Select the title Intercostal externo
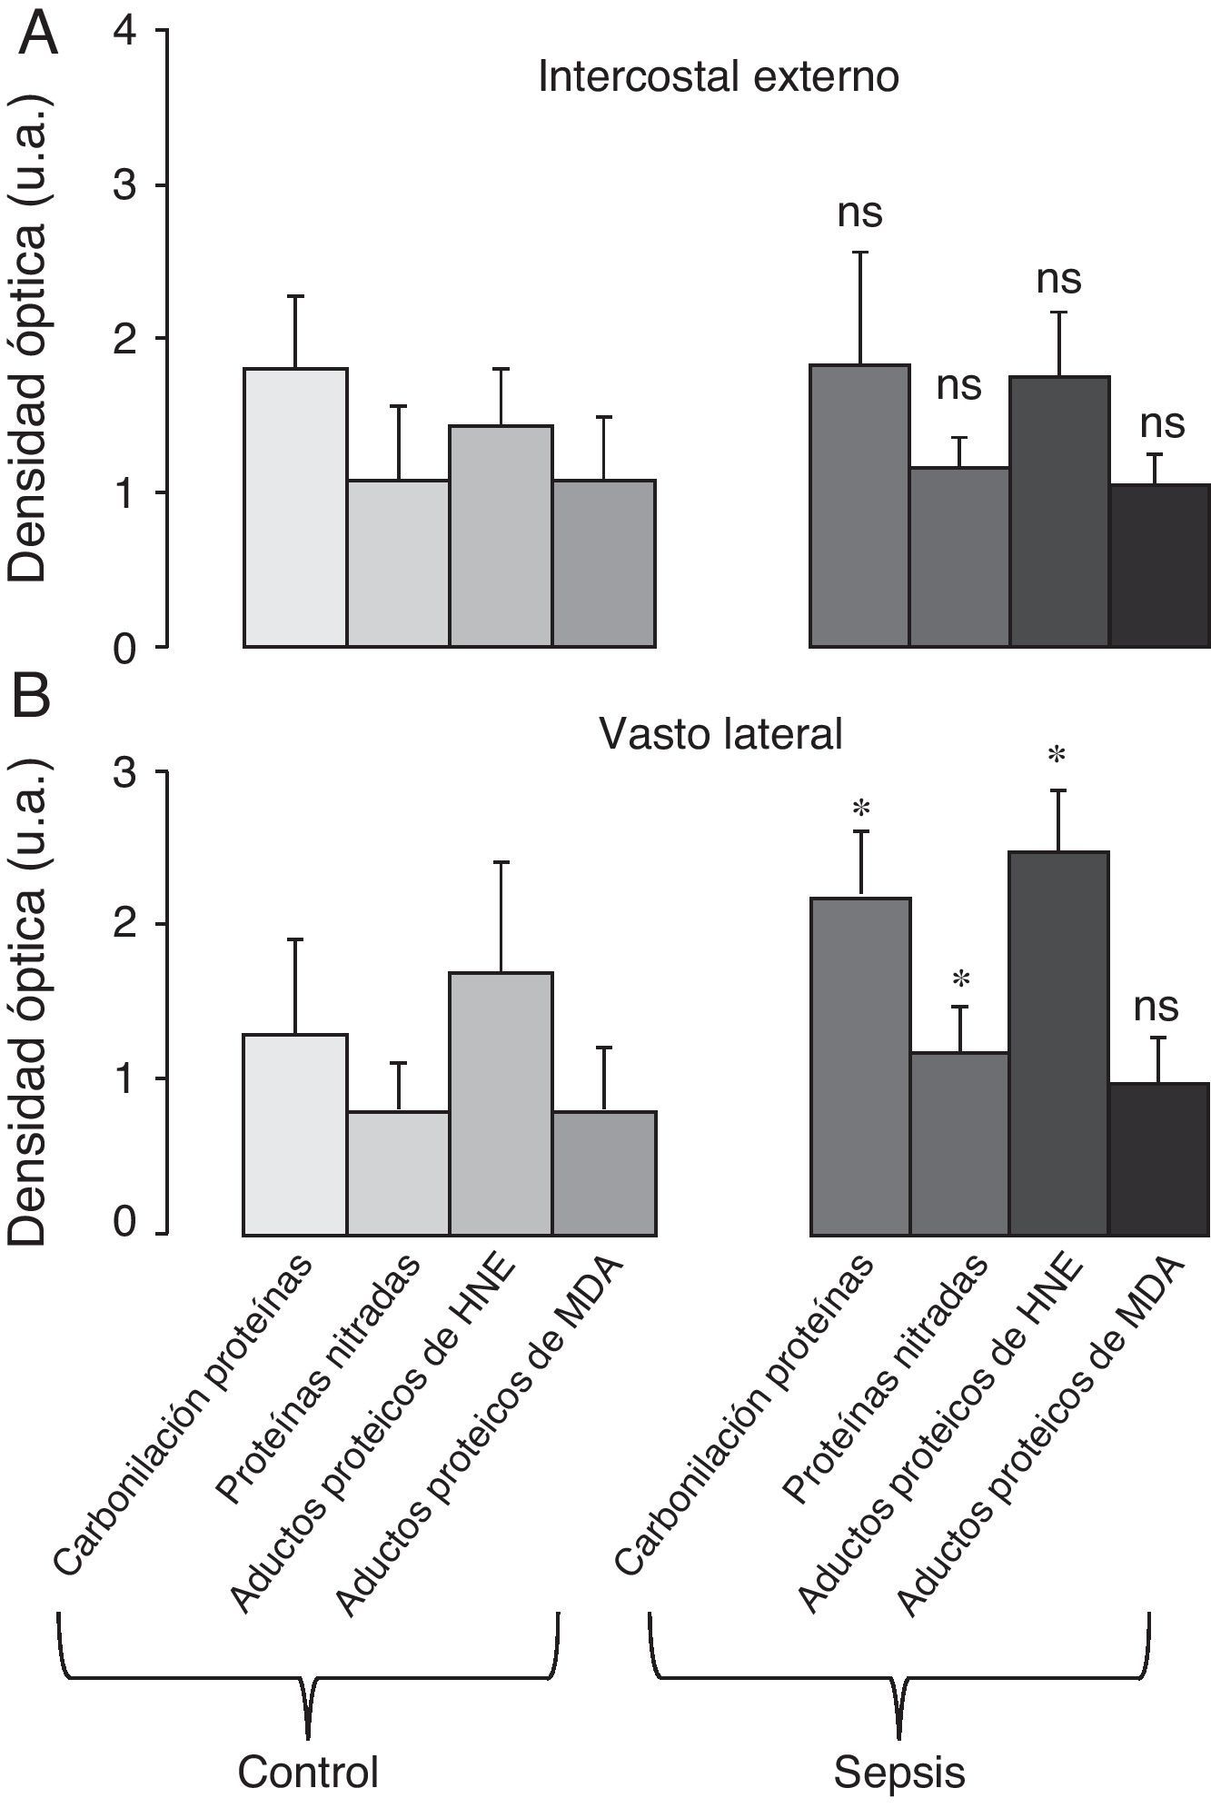(718, 78)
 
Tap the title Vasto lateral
(721, 734)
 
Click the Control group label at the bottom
(308, 1771)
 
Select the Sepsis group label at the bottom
(899, 1771)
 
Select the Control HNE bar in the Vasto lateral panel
(501, 1103)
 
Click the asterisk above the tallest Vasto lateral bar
(1056, 755)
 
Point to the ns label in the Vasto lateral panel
(1156, 1007)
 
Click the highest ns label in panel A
(859, 214)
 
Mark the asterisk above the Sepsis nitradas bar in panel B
(961, 980)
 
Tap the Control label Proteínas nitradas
(318, 1381)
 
